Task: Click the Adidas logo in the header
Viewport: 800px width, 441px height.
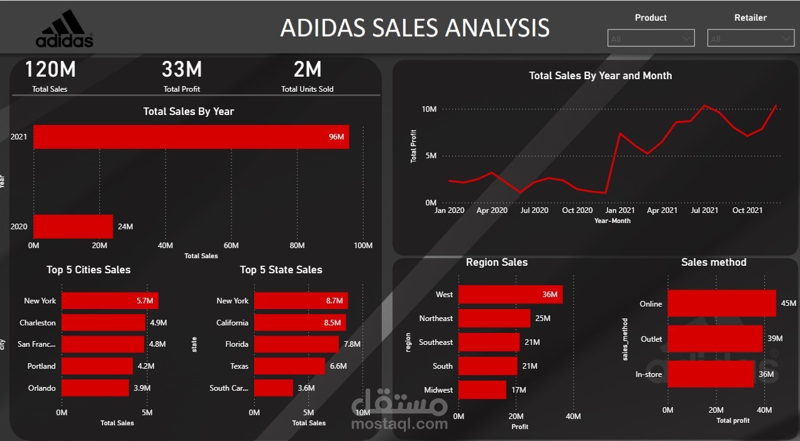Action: (x=64, y=29)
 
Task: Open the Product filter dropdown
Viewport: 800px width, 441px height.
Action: (x=650, y=38)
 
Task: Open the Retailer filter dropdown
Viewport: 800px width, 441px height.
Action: (x=750, y=38)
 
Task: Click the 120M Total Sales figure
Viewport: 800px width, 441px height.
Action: (x=50, y=70)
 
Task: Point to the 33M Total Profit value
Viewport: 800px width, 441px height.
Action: (x=182, y=70)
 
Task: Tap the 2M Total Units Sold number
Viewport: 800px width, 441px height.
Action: (x=308, y=70)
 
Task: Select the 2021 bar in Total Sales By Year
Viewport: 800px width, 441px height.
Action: (x=191, y=137)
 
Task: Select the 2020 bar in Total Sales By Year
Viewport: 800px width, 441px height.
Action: (x=73, y=226)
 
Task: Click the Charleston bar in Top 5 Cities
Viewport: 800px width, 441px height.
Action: (x=103, y=322)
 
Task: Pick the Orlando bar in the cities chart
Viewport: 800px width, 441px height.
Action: (x=95, y=388)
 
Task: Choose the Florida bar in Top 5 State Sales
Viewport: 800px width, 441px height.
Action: (x=296, y=344)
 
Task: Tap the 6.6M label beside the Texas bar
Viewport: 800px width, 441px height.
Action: (x=338, y=366)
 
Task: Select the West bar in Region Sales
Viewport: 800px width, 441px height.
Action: (x=510, y=294)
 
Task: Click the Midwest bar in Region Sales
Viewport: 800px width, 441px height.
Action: (x=482, y=389)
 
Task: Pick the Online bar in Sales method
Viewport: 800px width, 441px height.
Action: (x=721, y=303)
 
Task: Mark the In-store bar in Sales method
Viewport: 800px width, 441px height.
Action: (x=710, y=374)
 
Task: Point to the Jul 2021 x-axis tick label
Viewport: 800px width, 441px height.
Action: (x=705, y=210)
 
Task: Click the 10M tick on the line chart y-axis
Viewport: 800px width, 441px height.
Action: (x=429, y=109)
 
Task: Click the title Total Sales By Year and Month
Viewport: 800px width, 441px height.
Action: (x=600, y=75)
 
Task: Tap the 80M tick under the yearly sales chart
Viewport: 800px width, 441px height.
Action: (x=297, y=246)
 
